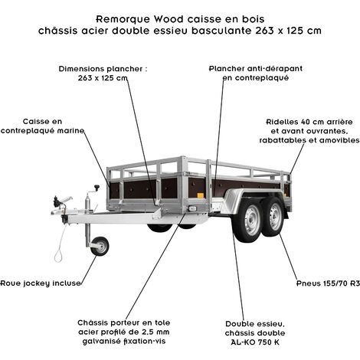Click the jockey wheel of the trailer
pyautogui.click(x=100, y=246)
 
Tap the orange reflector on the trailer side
pyautogui.click(x=201, y=195)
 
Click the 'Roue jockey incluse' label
pyautogui.click(x=41, y=283)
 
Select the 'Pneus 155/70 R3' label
pyautogui.click(x=328, y=283)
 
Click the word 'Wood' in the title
pyautogui.click(x=169, y=19)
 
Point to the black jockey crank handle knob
pyautogui.click(x=97, y=188)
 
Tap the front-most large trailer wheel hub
pyautogui.click(x=251, y=220)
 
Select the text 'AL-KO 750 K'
pyautogui.click(x=255, y=342)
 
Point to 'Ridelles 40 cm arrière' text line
pyautogui.click(x=309, y=122)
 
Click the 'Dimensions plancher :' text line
pyautogui.click(x=103, y=69)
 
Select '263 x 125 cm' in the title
pyautogui.click(x=288, y=31)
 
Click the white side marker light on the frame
pyautogui.click(x=192, y=208)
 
